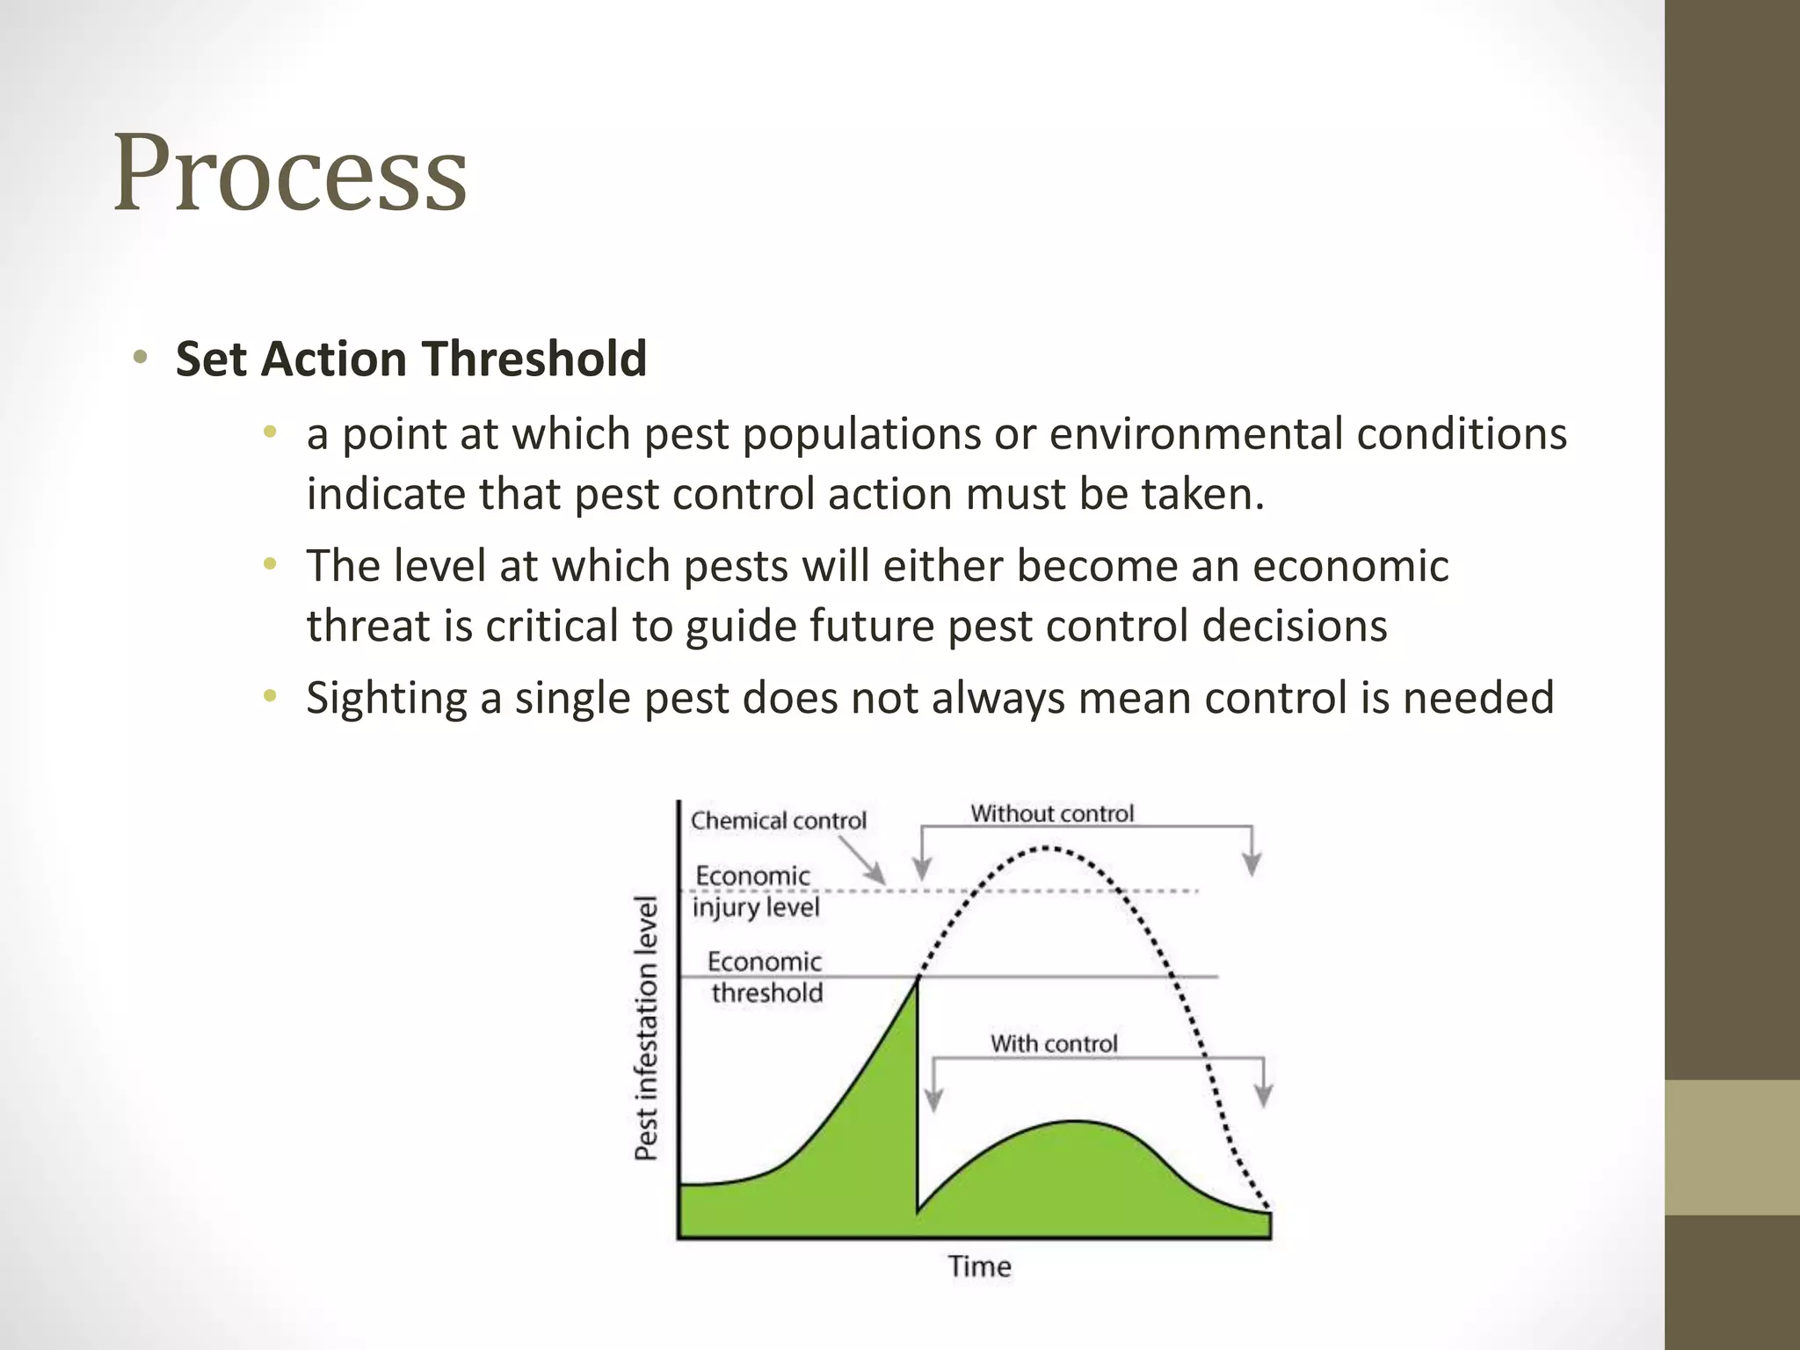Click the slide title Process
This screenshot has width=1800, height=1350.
pyautogui.click(x=290, y=173)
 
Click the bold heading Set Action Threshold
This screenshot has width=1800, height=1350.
pyautogui.click(x=410, y=359)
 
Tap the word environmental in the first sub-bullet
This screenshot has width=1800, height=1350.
pyautogui.click(x=1195, y=434)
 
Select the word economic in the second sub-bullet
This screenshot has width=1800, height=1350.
pyautogui.click(x=1350, y=565)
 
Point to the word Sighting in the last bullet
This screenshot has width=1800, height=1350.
pyautogui.click(x=386, y=698)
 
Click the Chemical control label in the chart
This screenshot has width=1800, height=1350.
pyautogui.click(x=778, y=820)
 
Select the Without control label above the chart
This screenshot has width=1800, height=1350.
pyautogui.click(x=1052, y=813)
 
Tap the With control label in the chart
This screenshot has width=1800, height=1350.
pyautogui.click(x=1054, y=1043)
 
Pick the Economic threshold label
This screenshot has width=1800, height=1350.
pyautogui.click(x=766, y=977)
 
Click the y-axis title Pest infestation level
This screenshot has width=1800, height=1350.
pyautogui.click(x=647, y=1027)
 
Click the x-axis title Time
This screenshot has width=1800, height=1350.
pyautogui.click(x=979, y=1267)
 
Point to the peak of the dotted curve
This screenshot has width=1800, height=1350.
pyautogui.click(x=1046, y=848)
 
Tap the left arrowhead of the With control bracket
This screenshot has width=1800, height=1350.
pyautogui.click(x=934, y=1100)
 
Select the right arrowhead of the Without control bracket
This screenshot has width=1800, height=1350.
pyautogui.click(x=1252, y=865)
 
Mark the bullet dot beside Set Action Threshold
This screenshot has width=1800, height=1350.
pyautogui.click(x=140, y=358)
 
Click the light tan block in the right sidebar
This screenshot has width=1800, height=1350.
pyautogui.click(x=1732, y=1147)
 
